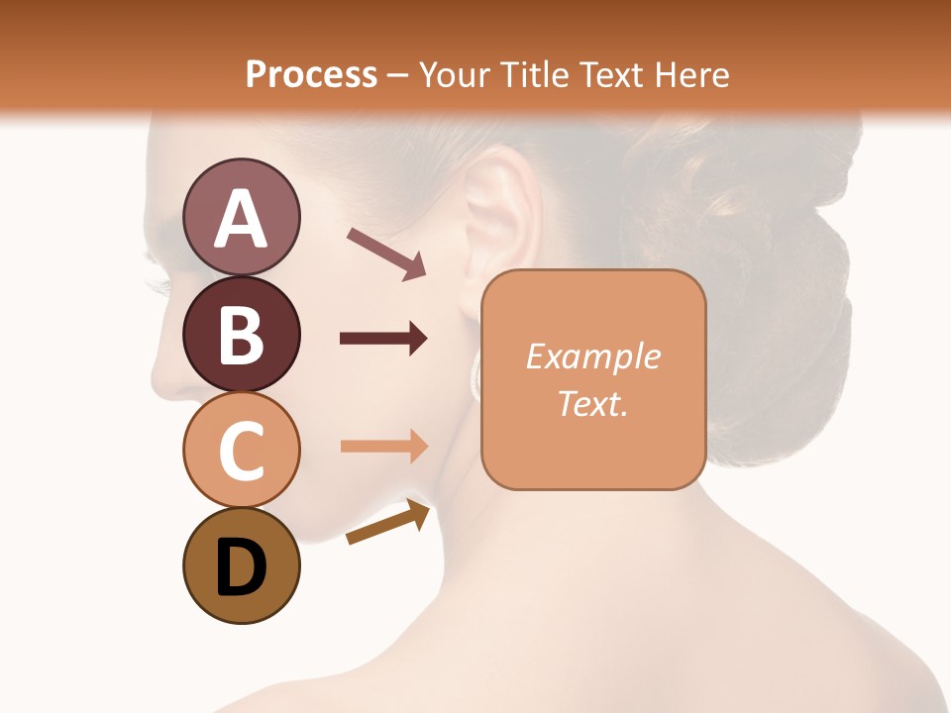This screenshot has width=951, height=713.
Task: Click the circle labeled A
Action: [x=241, y=217]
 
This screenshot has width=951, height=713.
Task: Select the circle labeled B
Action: [x=241, y=333]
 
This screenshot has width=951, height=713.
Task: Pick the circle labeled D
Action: [x=241, y=565]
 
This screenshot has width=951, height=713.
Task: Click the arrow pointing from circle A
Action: [x=386, y=253]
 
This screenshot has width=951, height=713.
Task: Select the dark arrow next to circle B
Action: [x=383, y=339]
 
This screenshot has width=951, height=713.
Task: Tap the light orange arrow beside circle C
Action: [x=383, y=446]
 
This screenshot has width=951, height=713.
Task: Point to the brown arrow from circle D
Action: [x=389, y=523]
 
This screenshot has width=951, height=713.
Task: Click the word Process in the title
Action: [x=311, y=74]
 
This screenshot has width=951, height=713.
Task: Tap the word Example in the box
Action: [x=592, y=356]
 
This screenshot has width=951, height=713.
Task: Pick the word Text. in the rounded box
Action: [x=592, y=403]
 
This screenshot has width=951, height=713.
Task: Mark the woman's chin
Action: [x=302, y=530]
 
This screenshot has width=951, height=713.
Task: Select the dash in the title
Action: [x=398, y=75]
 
